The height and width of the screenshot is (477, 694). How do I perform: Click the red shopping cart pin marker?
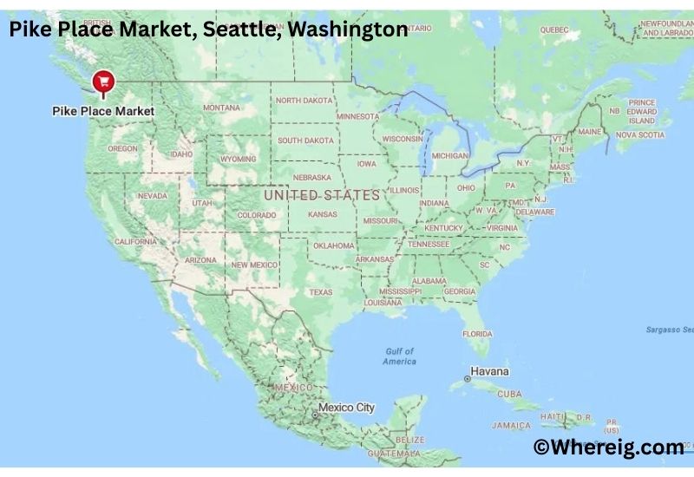point(104,82)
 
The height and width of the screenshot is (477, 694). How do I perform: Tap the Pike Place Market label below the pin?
point(103,111)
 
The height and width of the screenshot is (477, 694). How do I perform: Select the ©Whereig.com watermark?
point(608,447)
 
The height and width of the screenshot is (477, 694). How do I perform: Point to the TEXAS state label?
point(320,292)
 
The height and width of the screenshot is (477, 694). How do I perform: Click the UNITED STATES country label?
point(322,195)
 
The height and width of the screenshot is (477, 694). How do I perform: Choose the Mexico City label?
point(346,407)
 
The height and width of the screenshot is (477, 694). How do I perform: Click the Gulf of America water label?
point(400,356)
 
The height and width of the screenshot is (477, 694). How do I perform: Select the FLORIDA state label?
point(477,334)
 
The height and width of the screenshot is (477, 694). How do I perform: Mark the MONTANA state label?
point(222,108)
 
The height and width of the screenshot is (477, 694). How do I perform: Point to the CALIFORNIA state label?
point(135,242)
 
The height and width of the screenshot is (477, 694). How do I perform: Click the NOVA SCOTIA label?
point(639,134)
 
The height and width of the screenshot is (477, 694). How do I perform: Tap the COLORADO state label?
point(257,215)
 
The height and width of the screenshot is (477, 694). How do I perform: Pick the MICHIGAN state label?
point(449,155)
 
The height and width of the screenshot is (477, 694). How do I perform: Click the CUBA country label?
point(511,393)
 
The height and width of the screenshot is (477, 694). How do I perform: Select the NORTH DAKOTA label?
point(304,101)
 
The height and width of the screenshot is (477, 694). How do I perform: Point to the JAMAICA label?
point(511,425)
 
